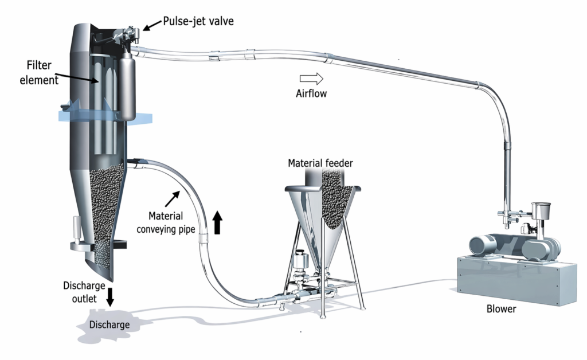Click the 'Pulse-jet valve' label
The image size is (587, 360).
tap(198, 21)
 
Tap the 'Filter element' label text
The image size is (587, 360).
tap(39, 73)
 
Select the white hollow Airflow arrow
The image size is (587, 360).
tap(311, 79)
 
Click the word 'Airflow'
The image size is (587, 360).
tap(311, 93)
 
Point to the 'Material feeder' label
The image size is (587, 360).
tap(320, 163)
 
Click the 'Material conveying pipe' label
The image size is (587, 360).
tap(166, 222)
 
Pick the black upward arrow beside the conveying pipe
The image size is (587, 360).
tap(217, 222)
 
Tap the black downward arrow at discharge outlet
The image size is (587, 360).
tap(109, 297)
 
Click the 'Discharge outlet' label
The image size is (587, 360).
tap(84, 292)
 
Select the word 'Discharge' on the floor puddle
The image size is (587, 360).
tap(109, 324)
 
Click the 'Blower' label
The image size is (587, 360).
tap(501, 309)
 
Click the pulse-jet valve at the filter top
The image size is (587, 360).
tap(126, 35)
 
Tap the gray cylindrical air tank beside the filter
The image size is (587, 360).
tap(127, 86)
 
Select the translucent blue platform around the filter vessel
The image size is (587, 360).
tap(105, 116)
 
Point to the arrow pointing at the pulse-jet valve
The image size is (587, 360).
tap(152, 25)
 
